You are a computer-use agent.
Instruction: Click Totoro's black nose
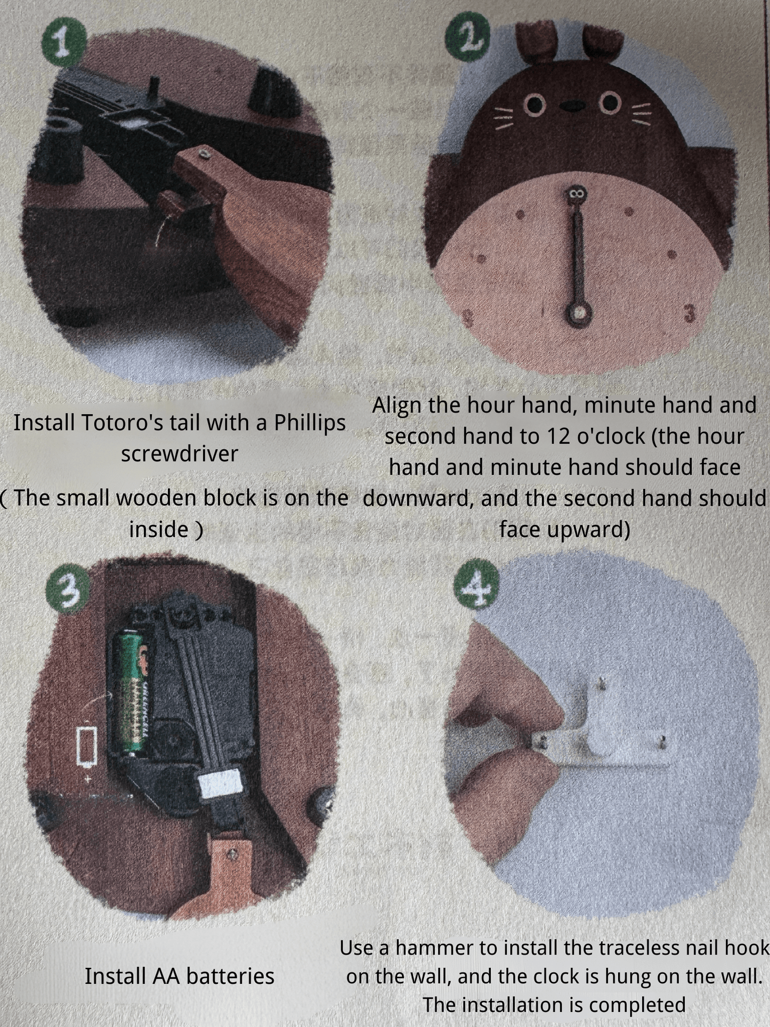573,106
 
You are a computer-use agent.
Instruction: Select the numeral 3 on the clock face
690,314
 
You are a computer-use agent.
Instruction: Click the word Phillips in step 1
310,423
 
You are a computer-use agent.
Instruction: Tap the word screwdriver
179,454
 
